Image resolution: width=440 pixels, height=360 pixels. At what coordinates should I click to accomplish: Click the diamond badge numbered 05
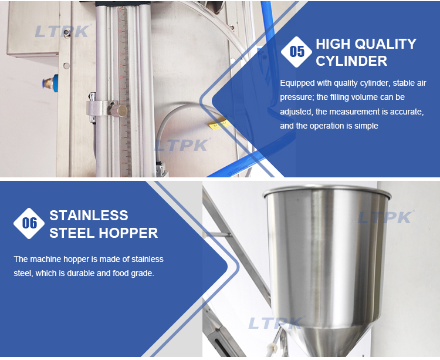pos(296,52)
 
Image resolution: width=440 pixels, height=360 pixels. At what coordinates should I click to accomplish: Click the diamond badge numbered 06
pos(29,224)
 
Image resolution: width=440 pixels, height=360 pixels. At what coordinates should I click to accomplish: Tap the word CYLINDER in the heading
pos(351,61)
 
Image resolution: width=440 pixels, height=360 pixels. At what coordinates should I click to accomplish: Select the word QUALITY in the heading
pos(385,44)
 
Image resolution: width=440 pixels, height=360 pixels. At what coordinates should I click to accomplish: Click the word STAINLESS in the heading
pos(89,216)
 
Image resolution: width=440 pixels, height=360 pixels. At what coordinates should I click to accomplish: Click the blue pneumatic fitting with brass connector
pos(50,83)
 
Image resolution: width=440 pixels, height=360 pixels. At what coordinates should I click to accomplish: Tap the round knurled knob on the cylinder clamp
pos(119,110)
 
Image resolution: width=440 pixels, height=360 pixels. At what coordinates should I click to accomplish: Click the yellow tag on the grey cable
pos(219,125)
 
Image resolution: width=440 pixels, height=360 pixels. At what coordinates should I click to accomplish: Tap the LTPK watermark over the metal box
pos(62,31)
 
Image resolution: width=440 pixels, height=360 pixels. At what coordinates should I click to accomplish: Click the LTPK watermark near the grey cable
pos(182,145)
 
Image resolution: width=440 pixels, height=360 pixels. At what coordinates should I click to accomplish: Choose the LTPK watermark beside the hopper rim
pos(385,217)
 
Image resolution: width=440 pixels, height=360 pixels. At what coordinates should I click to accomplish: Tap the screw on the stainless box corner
pos(66,33)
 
